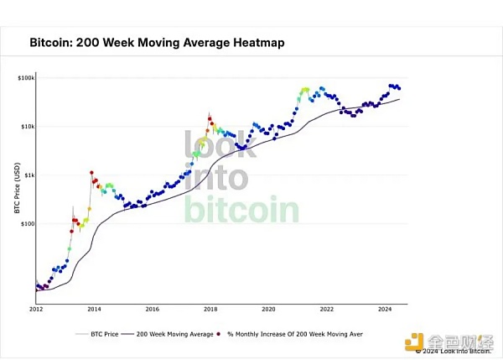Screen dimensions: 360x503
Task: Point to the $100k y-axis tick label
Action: (x=24, y=78)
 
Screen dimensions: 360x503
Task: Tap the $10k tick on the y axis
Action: (x=25, y=127)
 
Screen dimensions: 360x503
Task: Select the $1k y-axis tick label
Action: (x=27, y=175)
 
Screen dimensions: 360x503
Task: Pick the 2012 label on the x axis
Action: (x=36, y=309)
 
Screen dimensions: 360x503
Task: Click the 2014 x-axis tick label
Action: (x=94, y=309)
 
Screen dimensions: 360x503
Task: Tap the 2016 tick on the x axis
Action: (x=152, y=309)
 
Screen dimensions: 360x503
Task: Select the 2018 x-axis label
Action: (x=210, y=309)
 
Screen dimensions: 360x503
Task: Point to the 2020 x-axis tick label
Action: (x=267, y=309)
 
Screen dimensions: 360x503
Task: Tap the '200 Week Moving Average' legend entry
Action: (x=176, y=333)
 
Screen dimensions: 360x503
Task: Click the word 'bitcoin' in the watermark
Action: (x=241, y=209)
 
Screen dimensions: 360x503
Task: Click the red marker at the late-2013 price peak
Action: (x=91, y=173)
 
